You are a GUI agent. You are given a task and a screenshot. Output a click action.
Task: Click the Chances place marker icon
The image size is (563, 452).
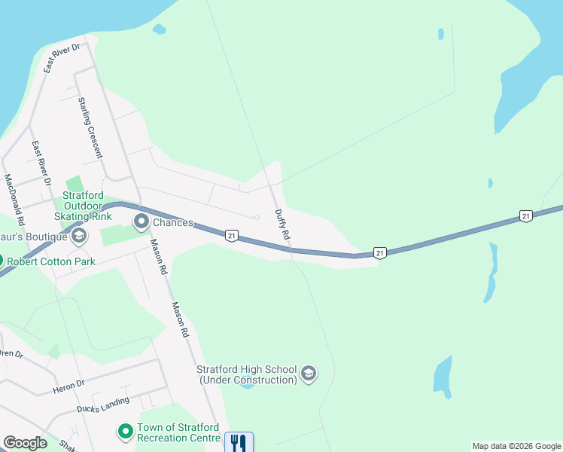pos(142,222)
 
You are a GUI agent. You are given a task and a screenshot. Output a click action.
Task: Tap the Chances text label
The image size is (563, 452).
pos(173,223)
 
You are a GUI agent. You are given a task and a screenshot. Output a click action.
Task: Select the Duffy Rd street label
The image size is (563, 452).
pos(282,224)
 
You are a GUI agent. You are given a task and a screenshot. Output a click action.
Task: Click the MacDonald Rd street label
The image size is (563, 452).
pos(15,201)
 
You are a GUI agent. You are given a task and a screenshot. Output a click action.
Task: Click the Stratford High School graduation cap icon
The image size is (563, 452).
pos(308,374)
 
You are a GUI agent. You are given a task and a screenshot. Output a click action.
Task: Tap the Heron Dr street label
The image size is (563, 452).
pos(70,386)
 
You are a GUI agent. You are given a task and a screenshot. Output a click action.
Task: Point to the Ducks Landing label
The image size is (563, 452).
pos(102,405)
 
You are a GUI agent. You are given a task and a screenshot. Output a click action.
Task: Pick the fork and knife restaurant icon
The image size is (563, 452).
pos(239,441)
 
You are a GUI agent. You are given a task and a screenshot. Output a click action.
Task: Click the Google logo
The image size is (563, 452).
pos(25,442)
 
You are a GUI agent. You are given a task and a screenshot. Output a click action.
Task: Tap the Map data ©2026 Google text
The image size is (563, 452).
pos(516,446)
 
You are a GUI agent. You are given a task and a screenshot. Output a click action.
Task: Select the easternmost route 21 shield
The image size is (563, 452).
pos(525,216)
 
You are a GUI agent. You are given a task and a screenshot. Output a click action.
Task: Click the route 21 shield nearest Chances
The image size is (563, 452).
pos(231,236)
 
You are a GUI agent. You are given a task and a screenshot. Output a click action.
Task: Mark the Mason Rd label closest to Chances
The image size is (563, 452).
pos(159,256)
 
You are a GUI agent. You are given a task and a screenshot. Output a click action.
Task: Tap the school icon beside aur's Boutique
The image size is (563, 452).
pos(78,237)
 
